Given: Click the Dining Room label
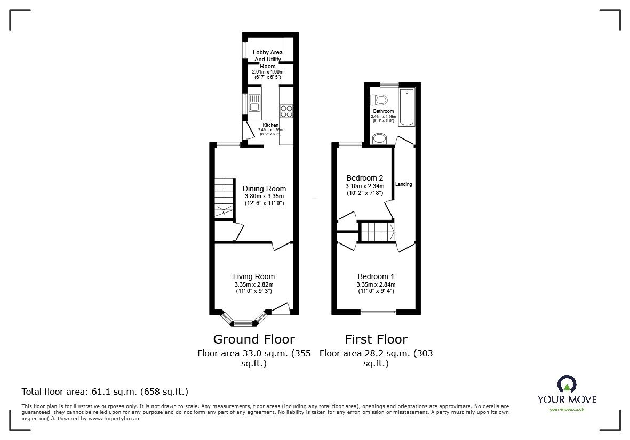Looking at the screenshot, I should click(264, 189).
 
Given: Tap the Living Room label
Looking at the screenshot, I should click(253, 276).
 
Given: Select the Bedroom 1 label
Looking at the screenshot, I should click(376, 276).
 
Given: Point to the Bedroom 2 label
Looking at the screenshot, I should click(364, 178).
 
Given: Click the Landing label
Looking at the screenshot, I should click(403, 184).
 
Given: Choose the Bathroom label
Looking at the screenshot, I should click(383, 111).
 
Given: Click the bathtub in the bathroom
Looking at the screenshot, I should click(406, 108).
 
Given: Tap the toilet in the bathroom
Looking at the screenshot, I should click(380, 100).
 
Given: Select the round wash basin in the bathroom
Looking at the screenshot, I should click(379, 139).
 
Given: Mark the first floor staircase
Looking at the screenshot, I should click(377, 232).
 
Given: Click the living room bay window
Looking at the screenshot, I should click(243, 322).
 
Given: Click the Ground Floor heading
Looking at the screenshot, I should click(253, 339).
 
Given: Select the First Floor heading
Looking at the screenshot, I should click(376, 339).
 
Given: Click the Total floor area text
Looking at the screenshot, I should click(105, 392).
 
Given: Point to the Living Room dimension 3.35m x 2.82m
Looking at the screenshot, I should click(253, 284).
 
